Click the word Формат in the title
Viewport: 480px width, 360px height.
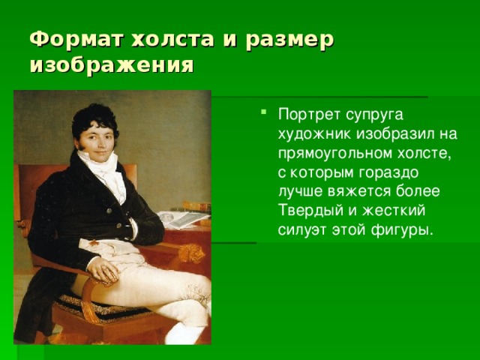[76, 39]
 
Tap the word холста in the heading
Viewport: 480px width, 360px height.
[172, 39]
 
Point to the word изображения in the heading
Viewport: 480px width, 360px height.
[112, 64]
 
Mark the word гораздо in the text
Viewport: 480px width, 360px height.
[388, 173]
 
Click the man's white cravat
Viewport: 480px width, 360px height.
[103, 172]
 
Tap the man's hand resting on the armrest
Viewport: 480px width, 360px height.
[103, 269]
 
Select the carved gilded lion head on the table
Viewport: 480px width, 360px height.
[192, 253]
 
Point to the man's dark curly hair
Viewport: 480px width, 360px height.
[94, 121]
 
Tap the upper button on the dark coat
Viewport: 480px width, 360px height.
[109, 211]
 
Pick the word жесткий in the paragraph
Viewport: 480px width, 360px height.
[394, 211]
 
